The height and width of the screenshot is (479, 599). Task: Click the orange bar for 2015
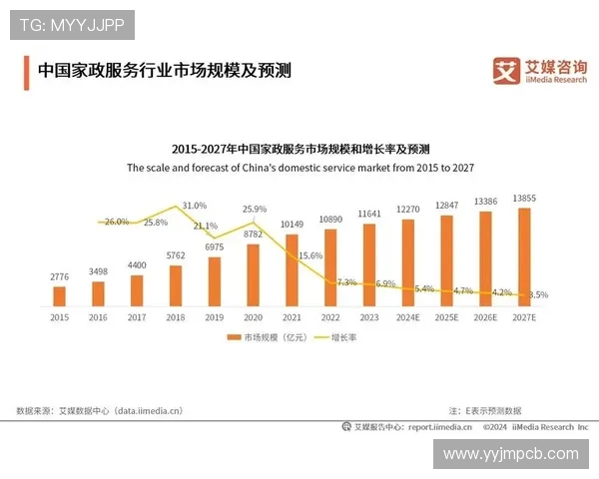pos(59,295)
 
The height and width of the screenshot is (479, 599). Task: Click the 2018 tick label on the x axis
pos(176,316)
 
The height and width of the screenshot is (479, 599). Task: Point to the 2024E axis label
pos(409,316)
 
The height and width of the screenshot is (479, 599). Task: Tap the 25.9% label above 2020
pos(255,210)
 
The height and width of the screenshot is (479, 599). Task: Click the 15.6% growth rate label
pos(310,256)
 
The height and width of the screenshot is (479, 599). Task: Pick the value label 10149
pos(292,224)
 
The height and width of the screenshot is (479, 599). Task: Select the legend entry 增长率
pos(342,338)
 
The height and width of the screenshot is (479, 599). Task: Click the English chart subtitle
pos(299,169)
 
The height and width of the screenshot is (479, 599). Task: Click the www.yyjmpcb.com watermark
pos(510,454)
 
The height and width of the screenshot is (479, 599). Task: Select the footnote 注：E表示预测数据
pos(485,410)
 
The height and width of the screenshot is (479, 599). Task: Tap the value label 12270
pos(409,210)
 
